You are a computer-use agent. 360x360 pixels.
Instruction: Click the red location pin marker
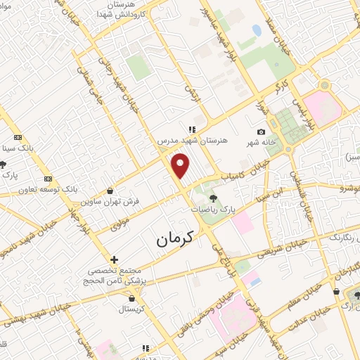pyautogui.click(x=181, y=166)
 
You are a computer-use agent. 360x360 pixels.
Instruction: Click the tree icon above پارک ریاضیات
pyautogui.click(x=213, y=198)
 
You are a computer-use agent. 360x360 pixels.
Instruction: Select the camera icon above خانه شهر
pyautogui.click(x=262, y=132)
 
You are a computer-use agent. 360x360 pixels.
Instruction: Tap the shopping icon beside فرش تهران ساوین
pyautogui.click(x=110, y=190)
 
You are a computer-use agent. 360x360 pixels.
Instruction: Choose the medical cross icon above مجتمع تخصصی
pyautogui.click(x=114, y=259)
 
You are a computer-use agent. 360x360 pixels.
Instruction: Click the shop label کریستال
pyautogui.click(x=131, y=309)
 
